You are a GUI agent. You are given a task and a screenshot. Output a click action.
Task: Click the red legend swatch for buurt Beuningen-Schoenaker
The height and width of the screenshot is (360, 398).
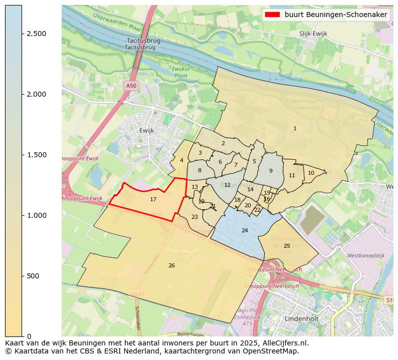click(273, 15)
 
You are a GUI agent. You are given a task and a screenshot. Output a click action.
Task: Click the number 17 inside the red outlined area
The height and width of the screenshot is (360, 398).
click(153, 199)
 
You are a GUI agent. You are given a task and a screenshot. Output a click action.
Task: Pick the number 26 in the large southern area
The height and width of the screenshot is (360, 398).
click(171, 265)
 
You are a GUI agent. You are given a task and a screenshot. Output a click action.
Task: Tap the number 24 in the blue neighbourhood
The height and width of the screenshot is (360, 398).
click(245, 230)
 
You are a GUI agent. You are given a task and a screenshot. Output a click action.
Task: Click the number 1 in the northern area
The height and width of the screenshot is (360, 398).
click(295, 129)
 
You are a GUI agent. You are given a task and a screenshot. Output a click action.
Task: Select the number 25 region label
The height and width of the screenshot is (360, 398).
click(287, 246)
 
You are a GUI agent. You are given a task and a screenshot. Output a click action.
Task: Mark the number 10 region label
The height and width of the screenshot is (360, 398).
click(311, 173)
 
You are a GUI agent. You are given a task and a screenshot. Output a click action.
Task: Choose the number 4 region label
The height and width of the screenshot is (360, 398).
click(181, 160)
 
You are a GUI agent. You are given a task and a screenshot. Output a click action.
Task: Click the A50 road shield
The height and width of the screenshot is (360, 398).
click(131, 86)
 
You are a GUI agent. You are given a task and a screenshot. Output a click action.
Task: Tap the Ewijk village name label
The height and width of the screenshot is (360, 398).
click(146, 130)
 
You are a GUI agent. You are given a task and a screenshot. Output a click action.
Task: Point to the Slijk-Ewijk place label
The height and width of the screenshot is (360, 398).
click(313, 34)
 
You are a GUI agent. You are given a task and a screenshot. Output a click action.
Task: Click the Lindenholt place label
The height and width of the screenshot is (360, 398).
click(301, 318)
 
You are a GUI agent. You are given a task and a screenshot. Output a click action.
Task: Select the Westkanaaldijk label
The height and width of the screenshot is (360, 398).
click(365, 255)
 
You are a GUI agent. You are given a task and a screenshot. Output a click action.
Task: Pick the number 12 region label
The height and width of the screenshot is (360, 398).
click(227, 185)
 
